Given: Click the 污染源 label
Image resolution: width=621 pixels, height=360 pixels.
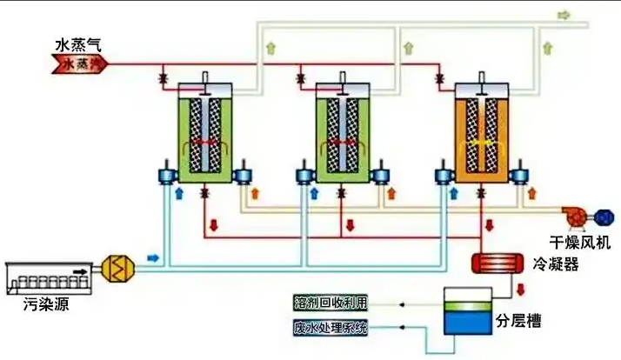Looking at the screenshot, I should click(x=46, y=304).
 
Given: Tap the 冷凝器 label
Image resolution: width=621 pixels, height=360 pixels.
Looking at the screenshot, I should click(x=556, y=263).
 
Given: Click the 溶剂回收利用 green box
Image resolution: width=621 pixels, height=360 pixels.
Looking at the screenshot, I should click(x=331, y=303).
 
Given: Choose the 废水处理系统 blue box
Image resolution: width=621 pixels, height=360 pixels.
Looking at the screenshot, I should click(x=331, y=328).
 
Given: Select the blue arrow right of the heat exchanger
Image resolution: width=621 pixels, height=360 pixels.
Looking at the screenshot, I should click(x=154, y=258).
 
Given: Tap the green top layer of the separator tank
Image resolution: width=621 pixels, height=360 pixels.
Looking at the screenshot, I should click(x=466, y=301).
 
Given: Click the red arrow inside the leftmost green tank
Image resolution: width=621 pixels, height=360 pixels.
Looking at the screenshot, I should click(x=205, y=142).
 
